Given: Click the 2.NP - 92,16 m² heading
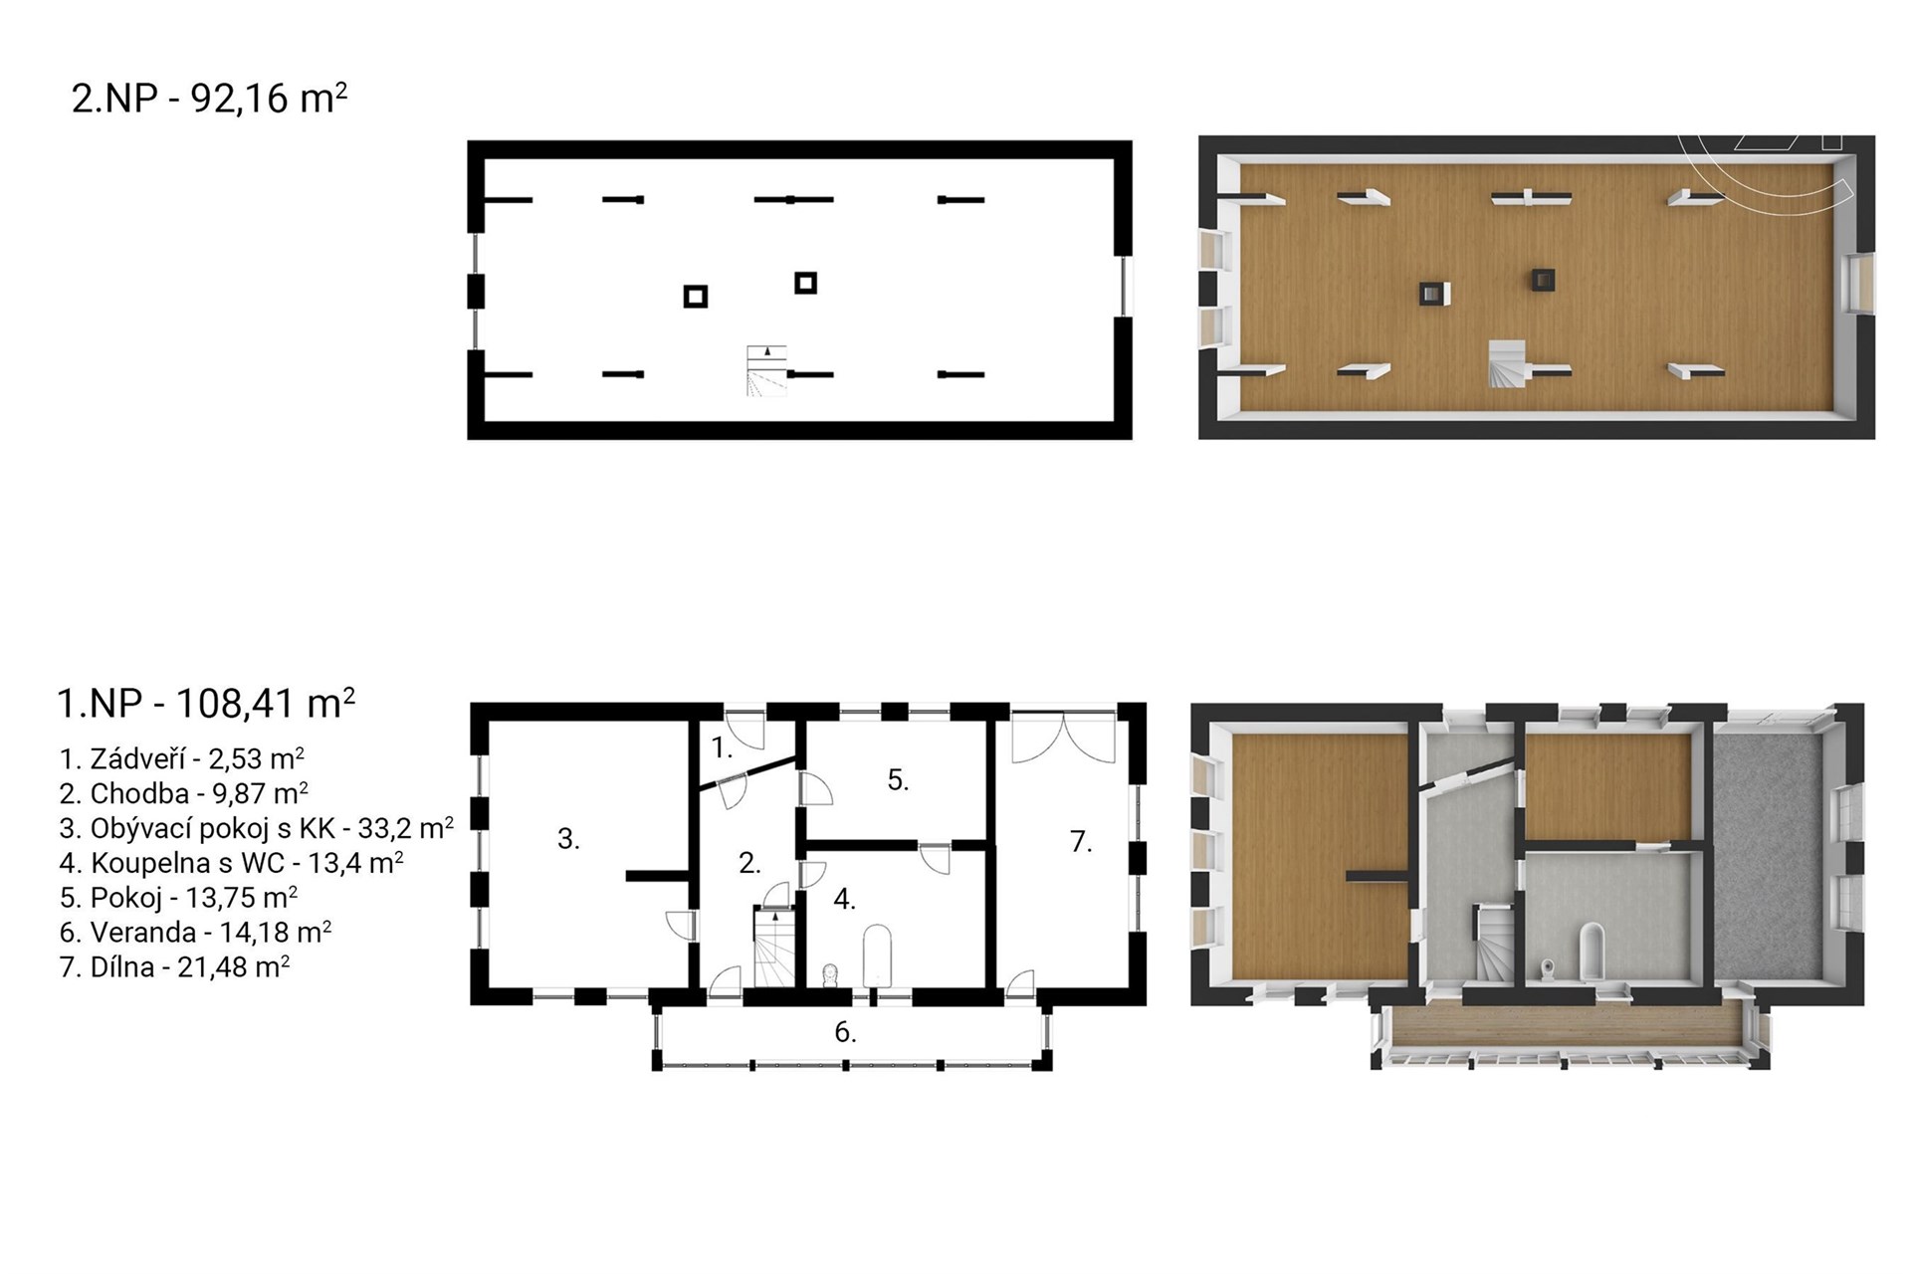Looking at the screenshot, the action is pos(209,99).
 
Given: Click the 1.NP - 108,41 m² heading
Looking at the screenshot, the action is pos(206,703).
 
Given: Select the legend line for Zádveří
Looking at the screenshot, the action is pos(182,758).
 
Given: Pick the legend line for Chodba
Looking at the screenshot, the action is pos(184,793).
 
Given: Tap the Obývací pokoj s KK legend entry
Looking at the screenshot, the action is pos(257,828).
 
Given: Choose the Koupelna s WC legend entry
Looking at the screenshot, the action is pos(231,862).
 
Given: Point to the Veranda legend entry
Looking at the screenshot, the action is pos(195,932).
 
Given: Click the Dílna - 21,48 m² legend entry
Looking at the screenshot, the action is pos(174,966).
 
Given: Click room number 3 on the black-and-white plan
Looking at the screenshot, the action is pos(568,839).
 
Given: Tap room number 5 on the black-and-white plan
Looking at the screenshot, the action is pos(898,780).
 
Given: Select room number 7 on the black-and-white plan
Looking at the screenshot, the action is pos(1081,841).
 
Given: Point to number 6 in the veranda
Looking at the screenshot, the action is pos(845,1032).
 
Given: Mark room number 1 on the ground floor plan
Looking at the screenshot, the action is pos(722,747).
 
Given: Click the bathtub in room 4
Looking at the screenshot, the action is pos(876,955).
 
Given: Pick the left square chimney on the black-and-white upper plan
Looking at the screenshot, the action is pos(696,296).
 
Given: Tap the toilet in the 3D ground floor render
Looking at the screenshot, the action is pos(1547,969).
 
